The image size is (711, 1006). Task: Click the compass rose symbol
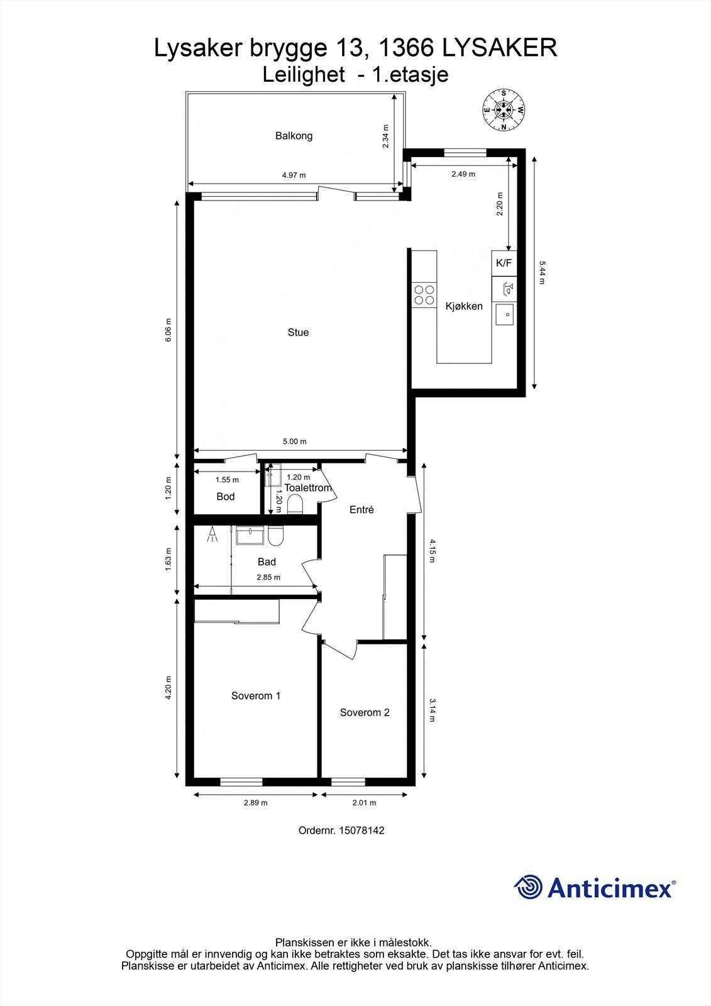click(504, 110)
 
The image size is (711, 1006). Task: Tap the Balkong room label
click(294, 136)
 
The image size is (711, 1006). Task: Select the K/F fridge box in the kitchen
click(504, 263)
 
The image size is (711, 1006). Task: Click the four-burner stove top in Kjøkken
click(424, 295)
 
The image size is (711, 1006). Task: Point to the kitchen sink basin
click(504, 314)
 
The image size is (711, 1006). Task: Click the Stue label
click(298, 333)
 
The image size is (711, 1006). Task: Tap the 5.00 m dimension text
click(295, 441)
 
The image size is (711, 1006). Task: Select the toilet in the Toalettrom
click(295, 504)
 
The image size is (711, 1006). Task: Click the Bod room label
click(226, 497)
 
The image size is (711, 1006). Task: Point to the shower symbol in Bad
click(212, 534)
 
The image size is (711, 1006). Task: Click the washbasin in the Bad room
click(250, 535)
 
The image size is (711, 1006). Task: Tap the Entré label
click(361, 510)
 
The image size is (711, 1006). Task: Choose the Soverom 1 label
click(256, 695)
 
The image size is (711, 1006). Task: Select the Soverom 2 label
click(365, 712)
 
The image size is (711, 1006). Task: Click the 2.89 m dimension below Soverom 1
click(256, 802)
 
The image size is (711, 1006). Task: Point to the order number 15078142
click(361, 831)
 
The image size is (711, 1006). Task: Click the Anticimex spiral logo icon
click(528, 887)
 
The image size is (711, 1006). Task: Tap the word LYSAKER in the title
click(500, 48)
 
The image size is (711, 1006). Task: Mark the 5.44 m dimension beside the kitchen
click(542, 273)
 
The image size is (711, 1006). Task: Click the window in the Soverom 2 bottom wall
click(348, 782)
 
